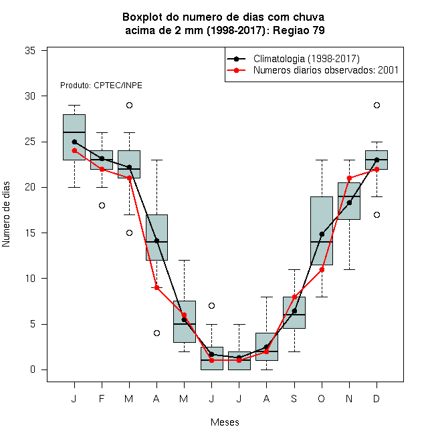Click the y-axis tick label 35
(30, 51)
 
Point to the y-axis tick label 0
(33, 370)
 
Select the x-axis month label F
(102, 398)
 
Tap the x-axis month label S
(294, 398)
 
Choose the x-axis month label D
(377, 398)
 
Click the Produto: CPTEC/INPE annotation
(101, 86)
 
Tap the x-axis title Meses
(225, 422)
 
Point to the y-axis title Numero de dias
(6, 214)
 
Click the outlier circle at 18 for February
(102, 206)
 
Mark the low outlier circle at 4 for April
(157, 333)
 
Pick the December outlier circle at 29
(377, 105)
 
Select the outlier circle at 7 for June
(212, 306)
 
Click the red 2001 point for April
(157, 287)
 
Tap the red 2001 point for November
(350, 178)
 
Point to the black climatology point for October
(322, 234)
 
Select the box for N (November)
(349, 201)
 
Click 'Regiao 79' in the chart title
(299, 30)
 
